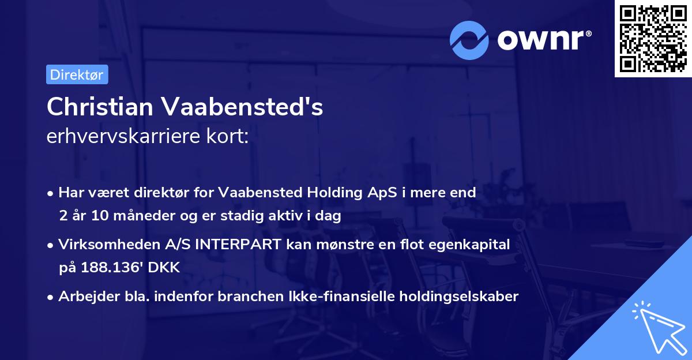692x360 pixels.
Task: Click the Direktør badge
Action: [x=77, y=74]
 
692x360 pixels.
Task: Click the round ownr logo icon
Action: [x=469, y=40]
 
